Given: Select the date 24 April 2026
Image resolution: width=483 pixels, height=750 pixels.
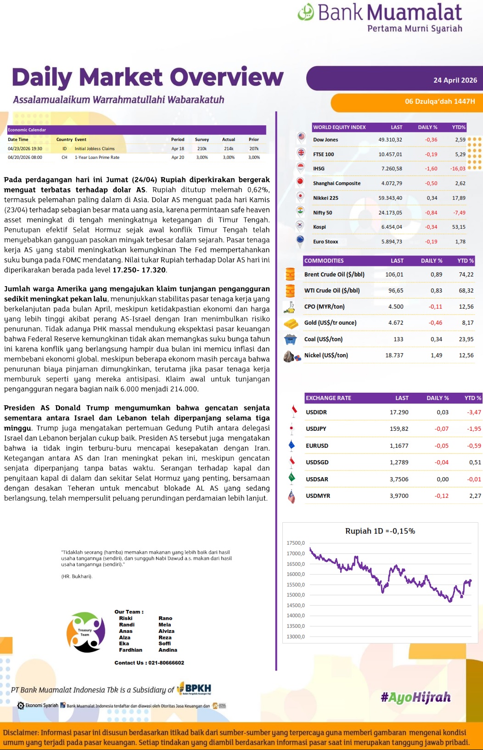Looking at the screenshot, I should point(455,80).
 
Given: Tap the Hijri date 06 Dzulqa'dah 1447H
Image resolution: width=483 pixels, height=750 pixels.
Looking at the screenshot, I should point(440,101).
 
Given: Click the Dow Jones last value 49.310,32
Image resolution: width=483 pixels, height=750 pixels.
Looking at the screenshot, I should point(390,140).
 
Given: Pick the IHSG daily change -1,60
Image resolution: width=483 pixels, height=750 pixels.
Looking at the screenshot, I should point(431,169).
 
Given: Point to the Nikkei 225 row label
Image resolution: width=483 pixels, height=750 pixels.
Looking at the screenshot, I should point(326,198).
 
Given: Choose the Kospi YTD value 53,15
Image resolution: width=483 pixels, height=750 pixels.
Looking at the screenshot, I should point(458,227).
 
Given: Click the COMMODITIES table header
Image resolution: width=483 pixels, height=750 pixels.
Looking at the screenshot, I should point(324,261).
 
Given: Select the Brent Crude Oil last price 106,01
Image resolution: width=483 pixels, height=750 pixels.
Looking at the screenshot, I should point(394,275).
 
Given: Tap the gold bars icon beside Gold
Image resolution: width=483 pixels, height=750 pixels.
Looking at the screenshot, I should point(290,323).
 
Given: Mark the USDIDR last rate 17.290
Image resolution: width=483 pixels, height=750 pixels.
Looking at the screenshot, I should point(399,412).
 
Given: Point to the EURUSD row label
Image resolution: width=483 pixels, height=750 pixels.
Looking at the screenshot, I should point(317,446).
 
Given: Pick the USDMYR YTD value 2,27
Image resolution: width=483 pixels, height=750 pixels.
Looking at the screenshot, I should point(475,496).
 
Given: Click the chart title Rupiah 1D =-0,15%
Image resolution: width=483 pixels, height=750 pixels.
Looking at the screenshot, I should point(380,531).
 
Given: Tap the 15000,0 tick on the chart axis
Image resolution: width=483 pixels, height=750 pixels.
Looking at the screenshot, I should point(296,595).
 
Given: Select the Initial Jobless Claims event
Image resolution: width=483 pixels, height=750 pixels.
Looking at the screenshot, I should point(95,149).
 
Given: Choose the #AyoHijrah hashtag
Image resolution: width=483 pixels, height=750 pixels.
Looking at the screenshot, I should point(416,698).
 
